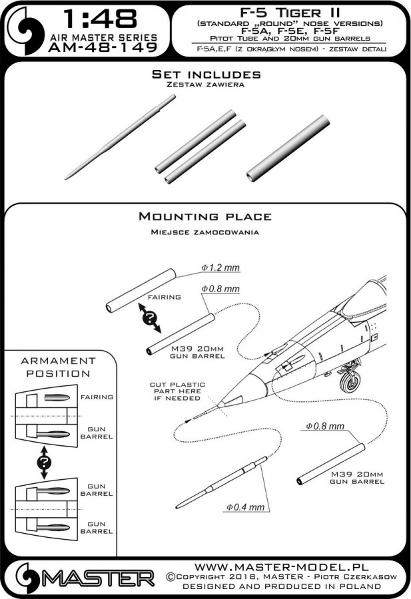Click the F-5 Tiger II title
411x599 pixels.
(x=288, y=11)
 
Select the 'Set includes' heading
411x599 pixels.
(x=205, y=74)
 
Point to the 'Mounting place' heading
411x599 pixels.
(x=205, y=217)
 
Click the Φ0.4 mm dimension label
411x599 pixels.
(x=246, y=506)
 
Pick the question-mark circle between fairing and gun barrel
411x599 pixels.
(x=153, y=317)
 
